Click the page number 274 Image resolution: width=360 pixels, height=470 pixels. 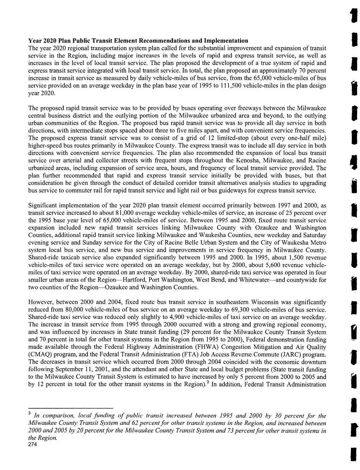point(34,445)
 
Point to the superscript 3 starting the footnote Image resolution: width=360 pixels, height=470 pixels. point(30,414)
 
